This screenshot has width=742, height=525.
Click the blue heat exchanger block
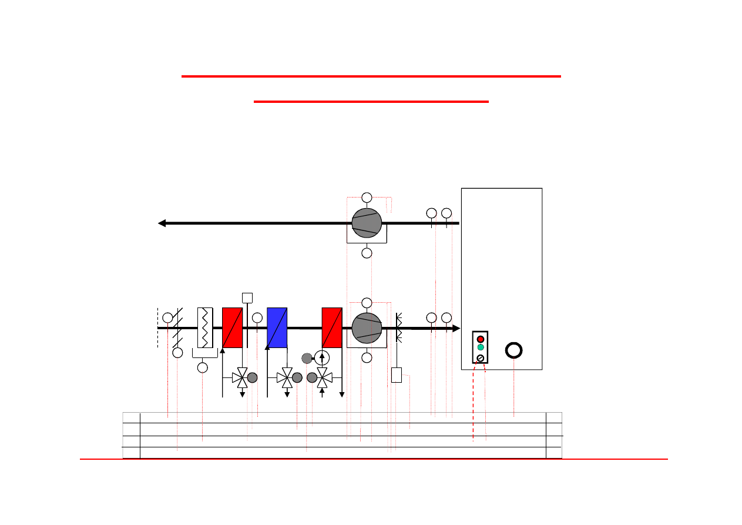tap(277, 327)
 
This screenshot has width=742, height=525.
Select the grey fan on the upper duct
tap(367, 223)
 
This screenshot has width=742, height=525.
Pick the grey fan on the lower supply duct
tap(367, 328)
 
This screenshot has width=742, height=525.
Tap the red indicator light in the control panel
tap(481, 339)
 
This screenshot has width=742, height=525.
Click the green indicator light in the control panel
tap(481, 347)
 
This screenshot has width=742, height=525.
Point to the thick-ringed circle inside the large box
tap(514, 350)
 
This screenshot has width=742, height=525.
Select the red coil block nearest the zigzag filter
tap(233, 327)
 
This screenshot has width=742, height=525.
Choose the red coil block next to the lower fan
tap(332, 327)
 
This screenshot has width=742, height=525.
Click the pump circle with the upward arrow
tap(321, 357)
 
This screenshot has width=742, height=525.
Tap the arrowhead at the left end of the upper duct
tap(162, 223)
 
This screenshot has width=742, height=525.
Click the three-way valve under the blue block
tap(286, 377)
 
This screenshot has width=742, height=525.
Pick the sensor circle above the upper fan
tap(367, 197)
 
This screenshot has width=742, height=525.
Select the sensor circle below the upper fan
tap(367, 253)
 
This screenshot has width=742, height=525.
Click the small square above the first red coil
tap(247, 297)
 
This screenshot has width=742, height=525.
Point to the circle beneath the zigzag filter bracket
tap(203, 367)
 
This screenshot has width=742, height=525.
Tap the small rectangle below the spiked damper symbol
tap(397, 375)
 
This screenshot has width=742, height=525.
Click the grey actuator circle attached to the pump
tap(307, 357)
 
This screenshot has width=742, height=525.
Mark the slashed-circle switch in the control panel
tap(481, 358)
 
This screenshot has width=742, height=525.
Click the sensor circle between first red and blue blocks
tap(257, 318)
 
